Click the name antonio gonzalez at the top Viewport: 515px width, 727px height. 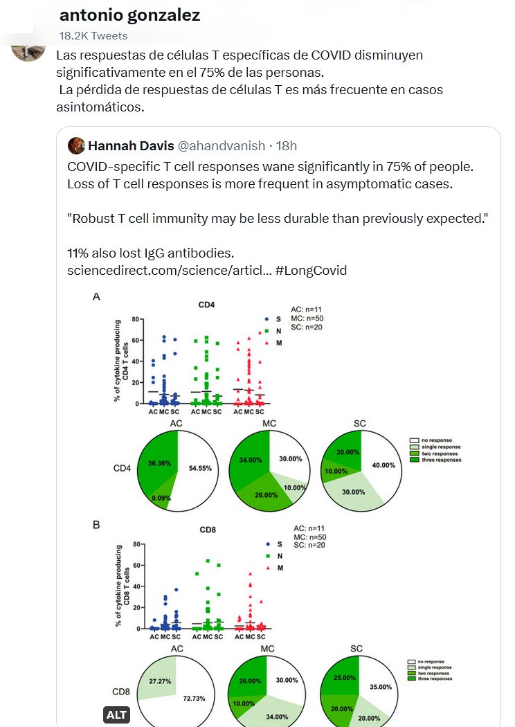(x=129, y=15)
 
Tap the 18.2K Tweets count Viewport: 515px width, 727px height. (x=93, y=35)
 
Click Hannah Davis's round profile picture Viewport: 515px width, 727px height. (x=76, y=145)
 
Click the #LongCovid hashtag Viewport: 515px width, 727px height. (x=311, y=270)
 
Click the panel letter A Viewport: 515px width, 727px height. (x=96, y=296)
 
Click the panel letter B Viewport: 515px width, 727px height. (x=96, y=525)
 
